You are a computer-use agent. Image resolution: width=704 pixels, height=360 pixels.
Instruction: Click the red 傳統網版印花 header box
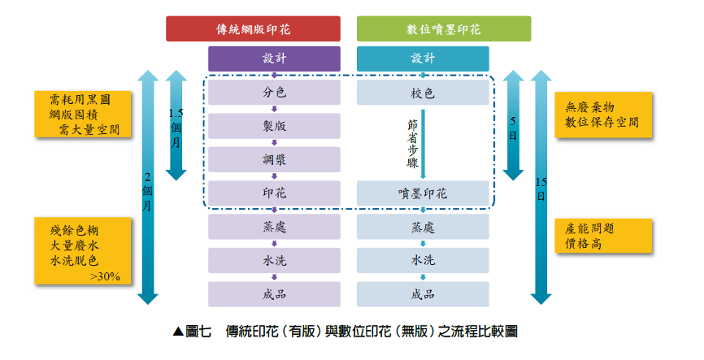click(x=253, y=28)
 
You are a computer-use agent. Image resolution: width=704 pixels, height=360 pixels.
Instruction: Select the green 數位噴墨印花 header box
click(x=444, y=28)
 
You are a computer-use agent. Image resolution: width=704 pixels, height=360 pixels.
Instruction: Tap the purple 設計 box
click(x=274, y=59)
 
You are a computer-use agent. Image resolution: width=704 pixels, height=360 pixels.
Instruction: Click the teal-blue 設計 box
click(x=423, y=59)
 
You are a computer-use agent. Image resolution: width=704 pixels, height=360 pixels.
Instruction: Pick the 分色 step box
click(x=274, y=93)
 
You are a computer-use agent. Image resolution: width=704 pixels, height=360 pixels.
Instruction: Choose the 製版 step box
click(x=274, y=126)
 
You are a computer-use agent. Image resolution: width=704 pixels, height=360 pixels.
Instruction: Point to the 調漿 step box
click(x=274, y=160)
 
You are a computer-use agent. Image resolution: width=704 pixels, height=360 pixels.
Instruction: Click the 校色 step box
click(x=423, y=93)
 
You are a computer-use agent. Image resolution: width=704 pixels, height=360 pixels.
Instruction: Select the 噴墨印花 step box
click(x=423, y=193)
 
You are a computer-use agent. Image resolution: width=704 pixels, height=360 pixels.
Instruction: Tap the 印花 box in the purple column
click(x=274, y=193)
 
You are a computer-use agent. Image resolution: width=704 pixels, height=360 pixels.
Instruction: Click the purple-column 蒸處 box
click(x=274, y=227)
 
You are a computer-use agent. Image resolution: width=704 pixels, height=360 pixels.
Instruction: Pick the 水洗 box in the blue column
click(x=423, y=260)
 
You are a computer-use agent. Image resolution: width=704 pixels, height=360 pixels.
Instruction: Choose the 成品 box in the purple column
click(x=274, y=294)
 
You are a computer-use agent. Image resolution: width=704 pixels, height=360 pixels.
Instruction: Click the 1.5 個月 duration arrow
click(x=176, y=125)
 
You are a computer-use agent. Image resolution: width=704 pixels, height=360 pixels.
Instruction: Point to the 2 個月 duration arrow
click(x=148, y=187)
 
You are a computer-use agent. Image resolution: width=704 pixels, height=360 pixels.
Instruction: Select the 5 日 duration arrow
click(x=513, y=125)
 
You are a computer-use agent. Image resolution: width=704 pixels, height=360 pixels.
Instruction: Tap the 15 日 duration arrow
click(x=541, y=187)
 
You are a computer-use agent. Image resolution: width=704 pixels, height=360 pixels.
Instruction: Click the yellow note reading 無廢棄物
click(x=603, y=115)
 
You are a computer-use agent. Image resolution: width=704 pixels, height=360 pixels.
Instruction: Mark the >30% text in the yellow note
click(x=105, y=276)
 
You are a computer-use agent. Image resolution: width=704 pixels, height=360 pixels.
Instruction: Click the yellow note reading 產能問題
click(x=603, y=236)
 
